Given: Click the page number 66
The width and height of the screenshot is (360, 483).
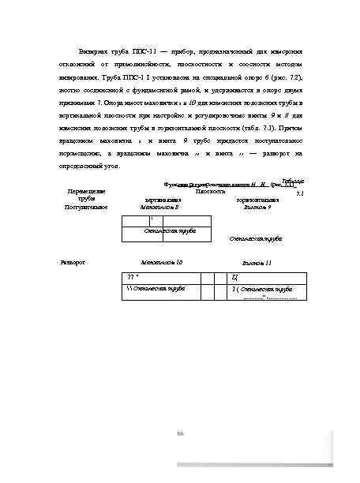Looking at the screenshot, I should point(180,432).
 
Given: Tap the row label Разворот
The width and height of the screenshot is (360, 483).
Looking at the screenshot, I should point(73,260).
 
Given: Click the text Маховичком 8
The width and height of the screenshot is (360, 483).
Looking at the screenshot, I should point(160,207).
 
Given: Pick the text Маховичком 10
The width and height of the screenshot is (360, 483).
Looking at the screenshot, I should point(162,260).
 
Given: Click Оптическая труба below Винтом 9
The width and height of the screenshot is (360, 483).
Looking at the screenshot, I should point(257,237).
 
